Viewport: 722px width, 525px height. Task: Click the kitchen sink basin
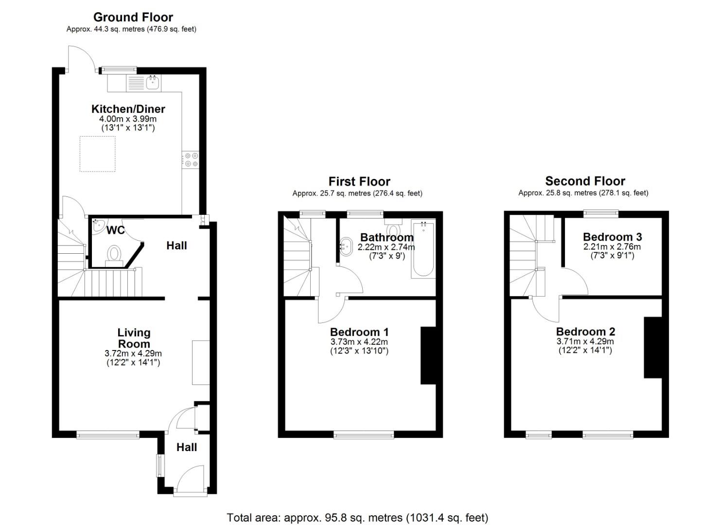coord(153,82)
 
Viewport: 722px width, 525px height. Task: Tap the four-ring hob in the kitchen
coord(190,160)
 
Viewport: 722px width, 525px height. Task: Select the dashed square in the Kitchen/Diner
coord(97,154)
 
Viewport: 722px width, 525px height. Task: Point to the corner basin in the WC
coord(98,227)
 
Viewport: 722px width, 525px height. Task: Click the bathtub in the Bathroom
coord(423,249)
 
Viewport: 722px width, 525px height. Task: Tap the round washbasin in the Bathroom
coord(346,246)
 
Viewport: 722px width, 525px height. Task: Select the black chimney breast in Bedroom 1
coord(428,356)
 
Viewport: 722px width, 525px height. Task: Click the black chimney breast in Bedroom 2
coord(652,347)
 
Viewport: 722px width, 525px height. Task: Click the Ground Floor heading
coord(133,17)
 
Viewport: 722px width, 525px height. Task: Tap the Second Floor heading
coord(585,181)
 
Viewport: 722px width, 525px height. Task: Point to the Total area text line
coord(357,517)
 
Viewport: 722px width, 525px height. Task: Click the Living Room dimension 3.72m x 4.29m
coord(133,353)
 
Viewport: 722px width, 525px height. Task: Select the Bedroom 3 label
coord(612,237)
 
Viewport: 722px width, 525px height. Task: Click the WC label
coord(116,230)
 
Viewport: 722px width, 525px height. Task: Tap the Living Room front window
coord(107,435)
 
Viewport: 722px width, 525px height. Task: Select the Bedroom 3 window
coord(601,213)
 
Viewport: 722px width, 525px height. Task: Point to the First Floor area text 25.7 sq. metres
coord(357,193)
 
